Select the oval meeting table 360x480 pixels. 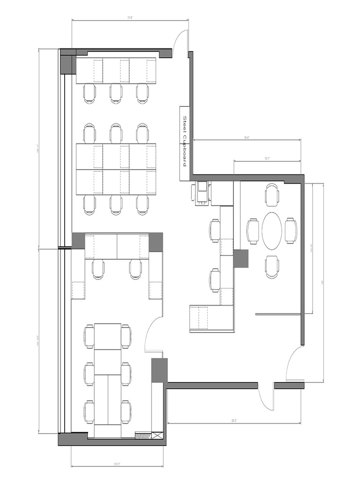click(272, 231)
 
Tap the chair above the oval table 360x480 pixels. click(272, 195)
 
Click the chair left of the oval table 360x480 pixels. click(253, 231)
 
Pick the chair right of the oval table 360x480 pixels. click(291, 231)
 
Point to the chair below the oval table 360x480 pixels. click(272, 266)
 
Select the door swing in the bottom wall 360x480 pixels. click(266, 398)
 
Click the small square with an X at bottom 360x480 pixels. click(157, 436)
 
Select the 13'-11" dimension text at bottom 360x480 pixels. click(117, 465)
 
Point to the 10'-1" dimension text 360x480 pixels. click(267, 159)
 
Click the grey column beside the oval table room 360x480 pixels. click(240, 258)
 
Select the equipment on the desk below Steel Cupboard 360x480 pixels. click(202, 193)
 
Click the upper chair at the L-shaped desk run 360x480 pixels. click(215, 231)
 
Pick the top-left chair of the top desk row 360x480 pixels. click(90, 93)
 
